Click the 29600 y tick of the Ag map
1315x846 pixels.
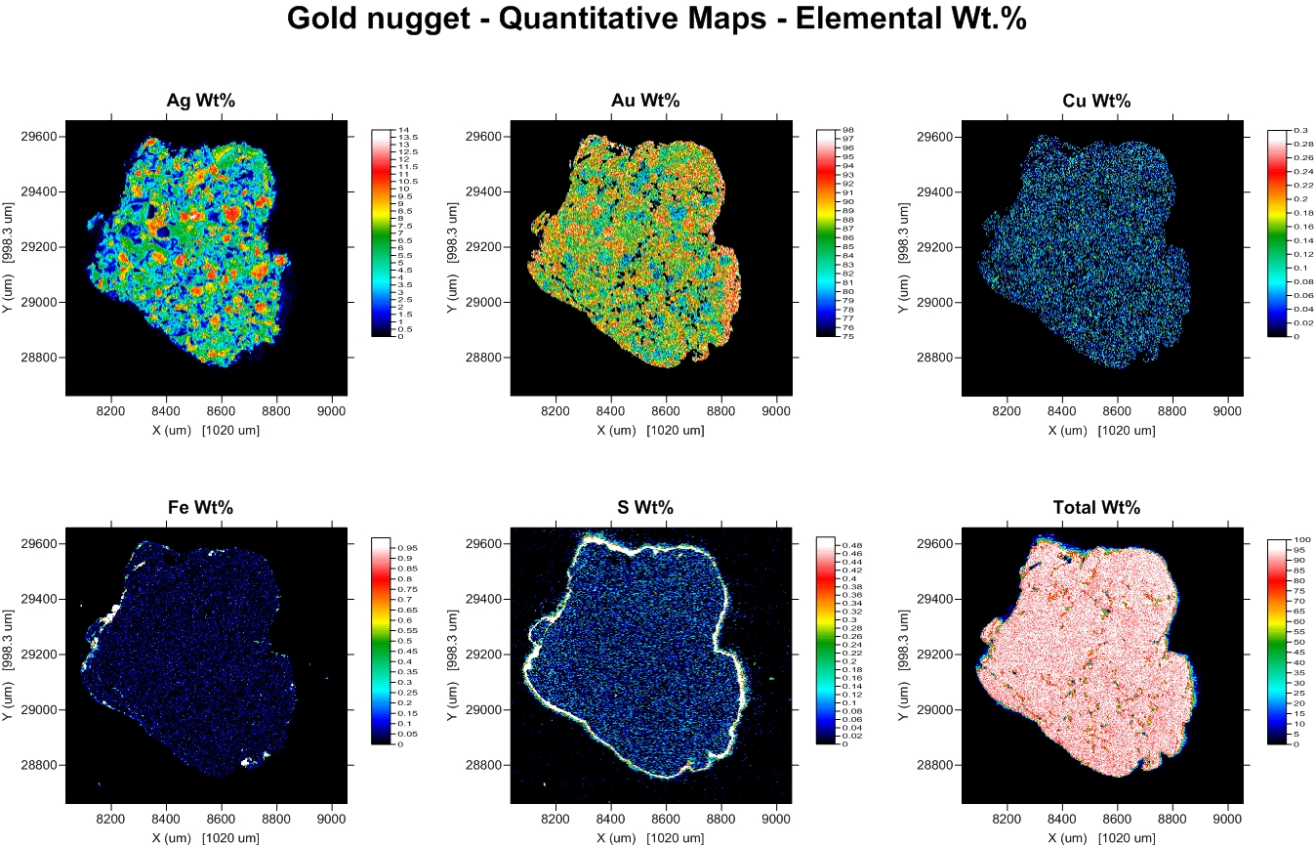tap(39, 137)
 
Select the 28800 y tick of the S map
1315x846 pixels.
tap(484, 765)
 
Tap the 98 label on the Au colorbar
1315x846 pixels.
tap(847, 130)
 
